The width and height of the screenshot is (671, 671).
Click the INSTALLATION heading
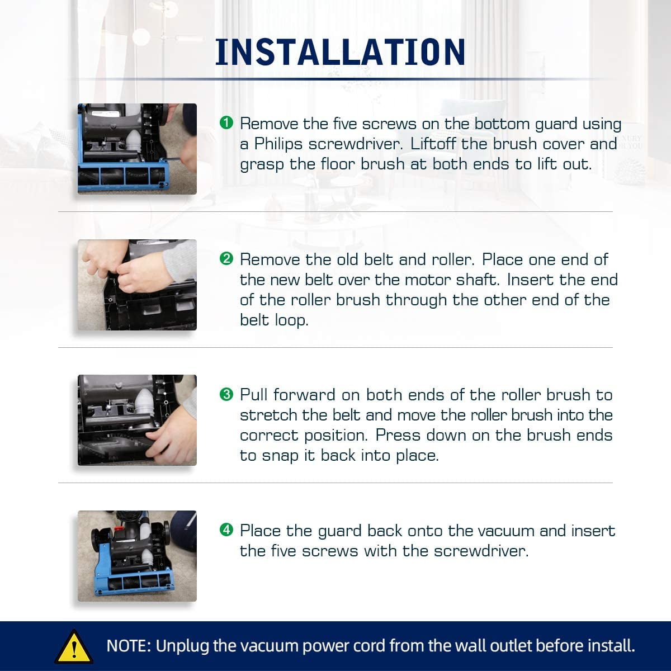(340, 52)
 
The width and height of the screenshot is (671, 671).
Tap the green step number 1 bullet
(226, 122)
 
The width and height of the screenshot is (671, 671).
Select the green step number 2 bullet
(226, 258)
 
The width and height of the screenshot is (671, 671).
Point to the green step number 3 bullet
(226, 394)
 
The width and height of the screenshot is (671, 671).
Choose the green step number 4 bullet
(226, 530)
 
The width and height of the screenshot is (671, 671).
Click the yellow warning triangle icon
(74, 646)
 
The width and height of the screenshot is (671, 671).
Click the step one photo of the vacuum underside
(137, 149)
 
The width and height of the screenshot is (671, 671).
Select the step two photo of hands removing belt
(137, 285)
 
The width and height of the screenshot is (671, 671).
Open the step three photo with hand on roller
(137, 420)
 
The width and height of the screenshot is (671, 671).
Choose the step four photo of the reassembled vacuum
(137, 556)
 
